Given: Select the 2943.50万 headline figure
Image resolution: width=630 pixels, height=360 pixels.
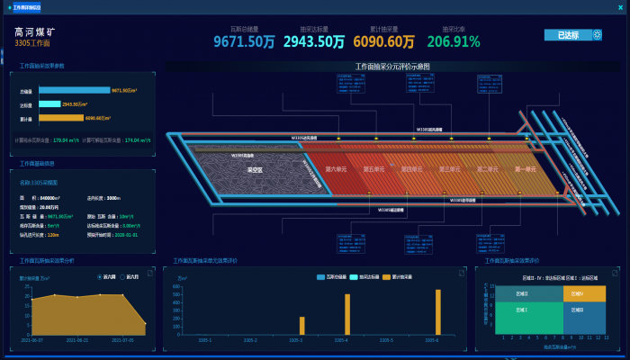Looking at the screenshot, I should [314, 41].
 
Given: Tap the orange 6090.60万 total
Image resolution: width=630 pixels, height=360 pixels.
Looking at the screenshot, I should [383, 41].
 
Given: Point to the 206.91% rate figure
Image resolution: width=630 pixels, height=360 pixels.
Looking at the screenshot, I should [454, 41].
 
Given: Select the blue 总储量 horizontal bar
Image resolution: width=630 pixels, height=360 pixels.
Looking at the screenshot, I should [74, 90].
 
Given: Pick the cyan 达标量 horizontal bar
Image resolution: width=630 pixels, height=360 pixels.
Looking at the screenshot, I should [56, 103].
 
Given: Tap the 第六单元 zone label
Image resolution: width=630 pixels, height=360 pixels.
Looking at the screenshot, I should [335, 169].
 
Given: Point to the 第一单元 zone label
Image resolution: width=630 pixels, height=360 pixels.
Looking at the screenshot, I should [525, 169].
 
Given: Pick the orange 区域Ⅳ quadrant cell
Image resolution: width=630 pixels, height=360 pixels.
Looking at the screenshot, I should [584, 293].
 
